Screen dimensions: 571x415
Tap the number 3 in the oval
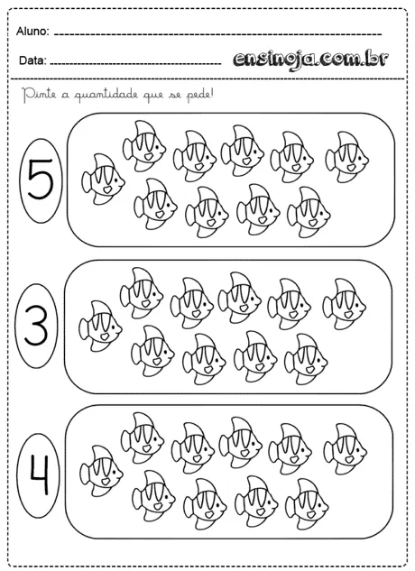point(36,328)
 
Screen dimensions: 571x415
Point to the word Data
point(30,62)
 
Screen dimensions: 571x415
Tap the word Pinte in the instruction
point(35,93)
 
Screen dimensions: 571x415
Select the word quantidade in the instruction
point(108,94)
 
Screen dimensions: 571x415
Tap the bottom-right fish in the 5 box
point(308,209)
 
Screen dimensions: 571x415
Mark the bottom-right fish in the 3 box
point(306,355)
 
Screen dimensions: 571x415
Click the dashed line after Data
point(135,65)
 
